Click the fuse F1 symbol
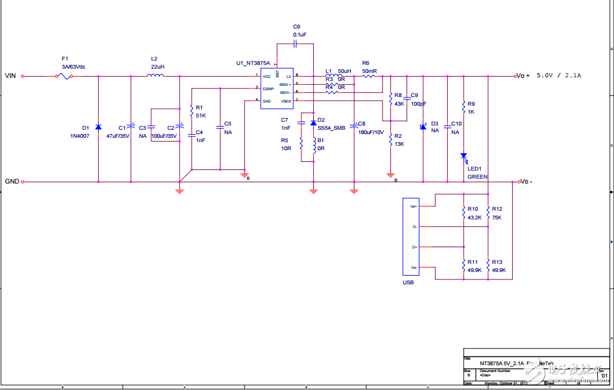pyautogui.click(x=64, y=76)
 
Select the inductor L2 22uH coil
pyautogui.click(x=155, y=76)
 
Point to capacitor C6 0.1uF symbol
pyautogui.click(x=296, y=45)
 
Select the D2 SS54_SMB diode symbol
pyautogui.click(x=313, y=124)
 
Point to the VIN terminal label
pyautogui.click(x=11, y=76)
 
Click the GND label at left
pyautogui.click(x=12, y=182)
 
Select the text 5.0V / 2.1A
pyautogui.click(x=558, y=76)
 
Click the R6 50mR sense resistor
pyautogui.click(x=369, y=76)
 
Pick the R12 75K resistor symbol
pyautogui.click(x=488, y=212)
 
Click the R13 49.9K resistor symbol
pyautogui.click(x=488, y=265)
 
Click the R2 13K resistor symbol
pyautogui.click(x=390, y=140)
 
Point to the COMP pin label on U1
pyautogui.click(x=267, y=88)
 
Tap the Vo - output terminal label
pyautogui.click(x=525, y=182)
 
